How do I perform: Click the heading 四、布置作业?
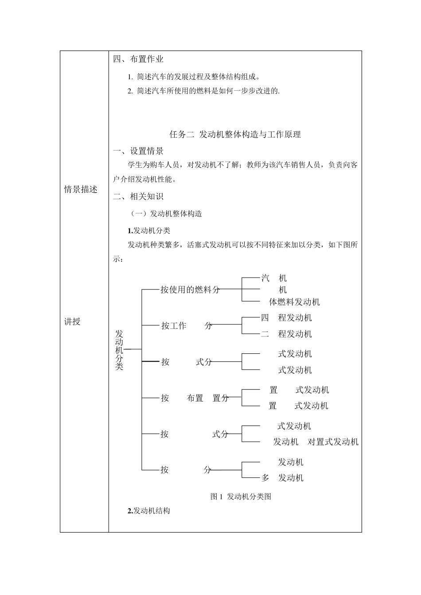(x=138, y=59)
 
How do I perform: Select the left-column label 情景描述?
(x=81, y=189)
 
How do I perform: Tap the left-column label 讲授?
(x=72, y=322)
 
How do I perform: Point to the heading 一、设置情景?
(x=138, y=151)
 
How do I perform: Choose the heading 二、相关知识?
(x=138, y=197)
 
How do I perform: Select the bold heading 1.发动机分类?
(x=149, y=231)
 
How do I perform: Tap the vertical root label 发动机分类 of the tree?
(x=119, y=350)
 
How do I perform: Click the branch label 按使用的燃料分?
(x=190, y=290)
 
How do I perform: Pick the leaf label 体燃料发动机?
(x=294, y=302)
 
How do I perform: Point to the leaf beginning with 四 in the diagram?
(x=286, y=318)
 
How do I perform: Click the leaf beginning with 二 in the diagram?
(x=286, y=334)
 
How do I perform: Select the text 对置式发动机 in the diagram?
(x=333, y=442)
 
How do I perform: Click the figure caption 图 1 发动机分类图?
(x=241, y=496)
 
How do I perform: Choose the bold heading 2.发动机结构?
(x=149, y=511)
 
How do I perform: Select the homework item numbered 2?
(x=204, y=91)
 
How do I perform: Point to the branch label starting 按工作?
(x=187, y=326)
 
